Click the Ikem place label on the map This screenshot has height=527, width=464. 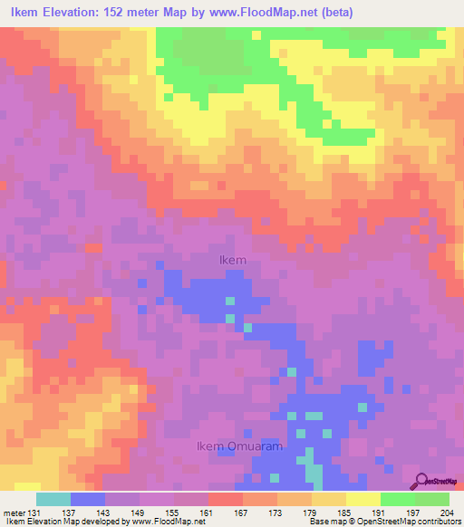coord(233,260)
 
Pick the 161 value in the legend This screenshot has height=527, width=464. coord(208,513)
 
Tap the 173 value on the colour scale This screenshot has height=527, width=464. coord(277,513)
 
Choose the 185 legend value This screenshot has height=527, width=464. coord(346,513)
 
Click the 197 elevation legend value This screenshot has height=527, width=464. coord(415,513)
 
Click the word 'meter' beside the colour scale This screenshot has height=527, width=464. coord(14,513)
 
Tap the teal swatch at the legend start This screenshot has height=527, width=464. coord(53,499)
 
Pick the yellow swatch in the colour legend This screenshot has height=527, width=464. coord(363,499)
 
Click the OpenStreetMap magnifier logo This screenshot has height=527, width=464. coord(421,480)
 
